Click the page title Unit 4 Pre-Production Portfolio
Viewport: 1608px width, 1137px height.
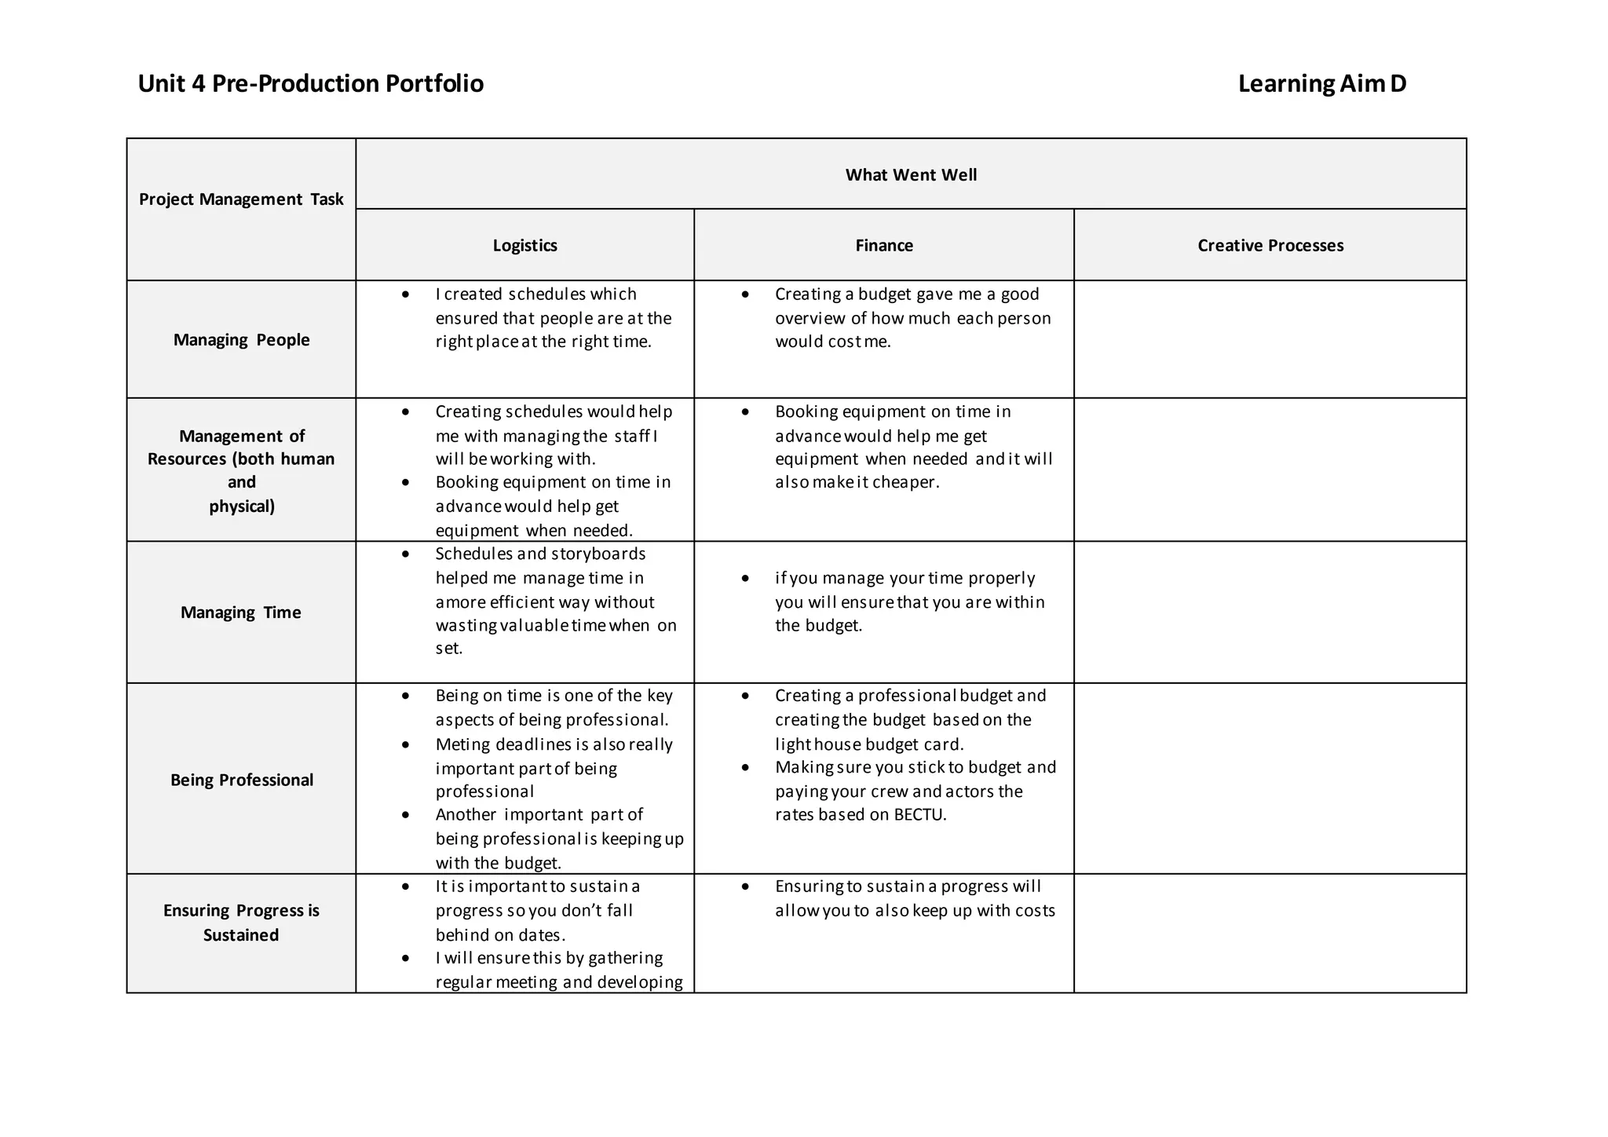click(x=310, y=84)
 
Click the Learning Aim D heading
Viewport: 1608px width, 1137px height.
click(x=1321, y=84)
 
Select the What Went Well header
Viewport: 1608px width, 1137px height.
click(x=911, y=175)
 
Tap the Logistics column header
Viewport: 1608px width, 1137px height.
click(x=524, y=246)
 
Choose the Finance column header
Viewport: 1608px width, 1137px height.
click(x=884, y=246)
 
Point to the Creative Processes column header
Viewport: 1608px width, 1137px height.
click(x=1270, y=246)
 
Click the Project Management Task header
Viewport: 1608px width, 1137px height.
click(x=241, y=199)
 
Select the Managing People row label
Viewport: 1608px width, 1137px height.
click(x=241, y=340)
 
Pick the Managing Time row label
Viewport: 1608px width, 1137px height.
click(x=241, y=612)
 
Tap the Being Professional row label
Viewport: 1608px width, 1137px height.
click(x=241, y=780)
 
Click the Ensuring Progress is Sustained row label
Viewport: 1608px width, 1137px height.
click(x=241, y=923)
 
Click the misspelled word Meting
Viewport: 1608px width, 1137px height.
click(x=462, y=744)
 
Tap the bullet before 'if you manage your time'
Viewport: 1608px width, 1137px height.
click(x=745, y=579)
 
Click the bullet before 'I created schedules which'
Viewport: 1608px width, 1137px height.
click(x=405, y=294)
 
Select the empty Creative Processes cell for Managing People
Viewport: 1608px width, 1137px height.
click(x=1270, y=339)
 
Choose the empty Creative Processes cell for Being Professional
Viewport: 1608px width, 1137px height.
click(x=1270, y=778)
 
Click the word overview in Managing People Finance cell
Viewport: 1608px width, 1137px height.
click(x=809, y=319)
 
